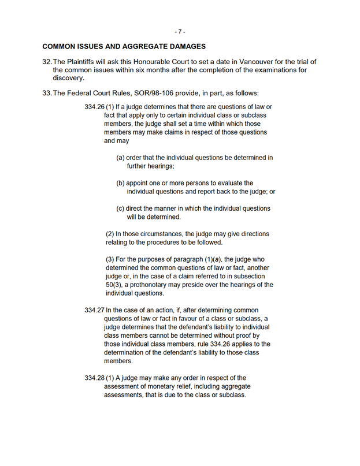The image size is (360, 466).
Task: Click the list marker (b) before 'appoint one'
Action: (x=121, y=183)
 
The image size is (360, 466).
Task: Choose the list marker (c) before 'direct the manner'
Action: (x=121, y=208)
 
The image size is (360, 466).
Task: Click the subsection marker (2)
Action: (x=110, y=234)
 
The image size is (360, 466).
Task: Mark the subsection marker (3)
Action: (x=110, y=259)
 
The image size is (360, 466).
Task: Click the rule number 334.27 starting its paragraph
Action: (x=94, y=310)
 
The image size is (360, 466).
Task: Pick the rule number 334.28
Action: (x=94, y=378)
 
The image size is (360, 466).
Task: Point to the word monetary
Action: (x=162, y=386)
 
